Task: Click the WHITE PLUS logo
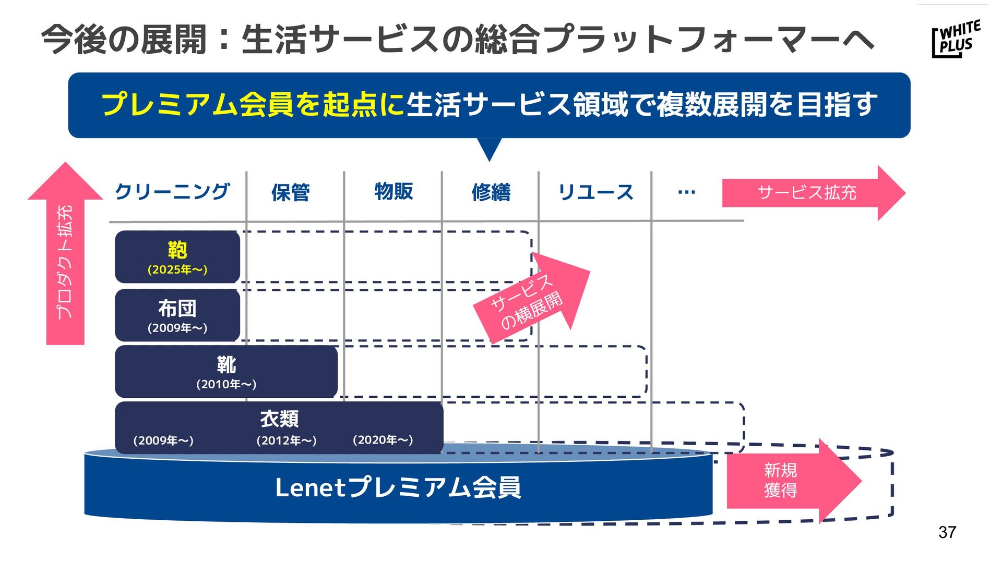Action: pos(956,39)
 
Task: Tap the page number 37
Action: pos(947,532)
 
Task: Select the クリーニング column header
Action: pos(172,192)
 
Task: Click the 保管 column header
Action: pos(290,193)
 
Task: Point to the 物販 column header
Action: pos(393,191)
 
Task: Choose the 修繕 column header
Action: pos(491,193)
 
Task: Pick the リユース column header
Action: pos(595,192)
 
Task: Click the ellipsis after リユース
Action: pos(686,192)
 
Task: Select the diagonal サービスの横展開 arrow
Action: pos(532,300)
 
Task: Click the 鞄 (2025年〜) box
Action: pos(177,257)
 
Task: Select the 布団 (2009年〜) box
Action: pos(177,315)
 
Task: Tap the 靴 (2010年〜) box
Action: pos(226,372)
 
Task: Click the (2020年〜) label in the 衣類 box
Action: pos(383,440)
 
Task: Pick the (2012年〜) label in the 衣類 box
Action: pos(286,440)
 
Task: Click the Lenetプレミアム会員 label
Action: pos(398,488)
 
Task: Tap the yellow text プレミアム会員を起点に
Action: pos(253,104)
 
